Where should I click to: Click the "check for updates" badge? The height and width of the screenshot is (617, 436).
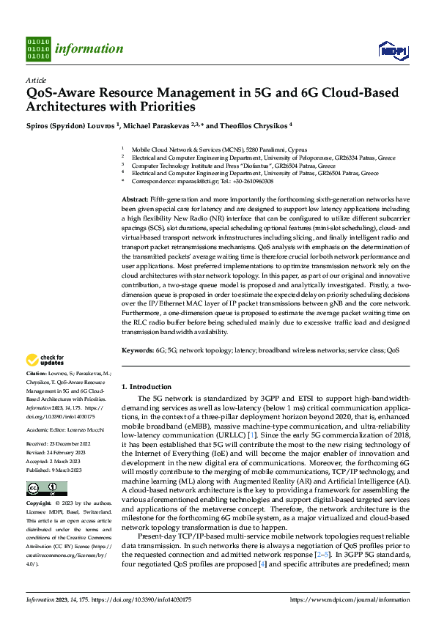click(x=43, y=361)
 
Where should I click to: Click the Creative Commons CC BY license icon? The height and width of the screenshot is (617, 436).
click(x=37, y=489)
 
